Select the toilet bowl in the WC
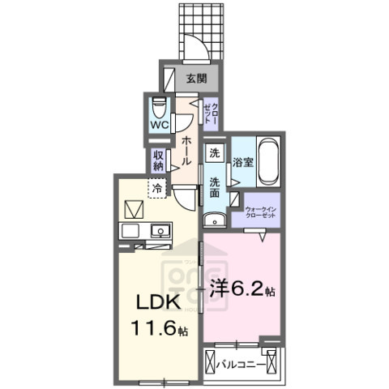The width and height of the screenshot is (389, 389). click(159, 106)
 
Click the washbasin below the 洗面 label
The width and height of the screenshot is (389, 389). click(215, 218)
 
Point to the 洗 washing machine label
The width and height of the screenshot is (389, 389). click(215, 154)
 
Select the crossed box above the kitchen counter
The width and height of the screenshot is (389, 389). click(132, 208)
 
